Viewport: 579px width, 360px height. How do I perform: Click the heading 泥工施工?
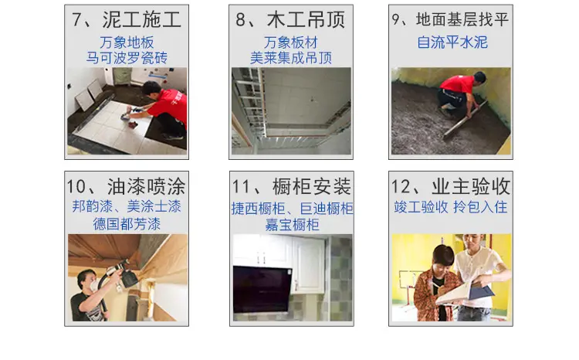(142, 19)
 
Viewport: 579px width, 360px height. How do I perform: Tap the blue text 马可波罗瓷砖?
(127, 58)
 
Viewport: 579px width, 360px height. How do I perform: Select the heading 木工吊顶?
(306, 19)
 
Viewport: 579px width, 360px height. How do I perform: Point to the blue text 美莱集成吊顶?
(291, 58)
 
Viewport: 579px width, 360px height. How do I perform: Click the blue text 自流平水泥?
(452, 42)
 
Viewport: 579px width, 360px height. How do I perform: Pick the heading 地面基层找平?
(462, 19)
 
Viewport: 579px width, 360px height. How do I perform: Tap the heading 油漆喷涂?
(146, 186)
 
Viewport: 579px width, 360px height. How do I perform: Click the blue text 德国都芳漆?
(127, 224)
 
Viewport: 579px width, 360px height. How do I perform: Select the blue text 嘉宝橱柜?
(292, 225)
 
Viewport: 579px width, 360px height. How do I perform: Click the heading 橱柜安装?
(312, 186)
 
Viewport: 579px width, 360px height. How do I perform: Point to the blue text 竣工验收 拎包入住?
(451, 207)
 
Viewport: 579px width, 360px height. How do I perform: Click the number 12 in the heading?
(401, 187)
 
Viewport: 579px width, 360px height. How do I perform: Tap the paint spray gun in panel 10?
(124, 273)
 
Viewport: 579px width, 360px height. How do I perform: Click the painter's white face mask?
(93, 284)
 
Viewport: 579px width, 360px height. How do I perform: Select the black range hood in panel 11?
(262, 290)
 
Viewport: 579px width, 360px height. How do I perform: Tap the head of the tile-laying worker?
(151, 90)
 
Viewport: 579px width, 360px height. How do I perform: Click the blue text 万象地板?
(127, 42)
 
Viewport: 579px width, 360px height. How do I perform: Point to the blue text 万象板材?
(291, 42)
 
